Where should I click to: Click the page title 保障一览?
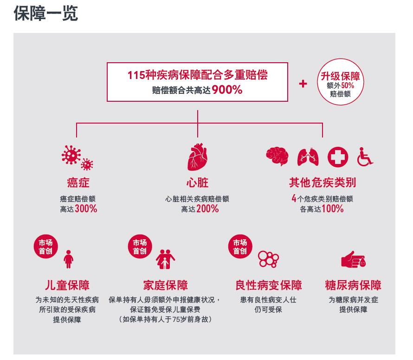tap(46, 13)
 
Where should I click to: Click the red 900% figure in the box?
tap(227, 90)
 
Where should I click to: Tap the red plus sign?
tap(303, 84)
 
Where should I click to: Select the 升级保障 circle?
tap(340, 83)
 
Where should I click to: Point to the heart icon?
tap(197, 157)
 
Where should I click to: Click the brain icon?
tap(277, 156)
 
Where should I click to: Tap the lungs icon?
tap(308, 157)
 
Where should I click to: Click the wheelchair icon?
tap(365, 157)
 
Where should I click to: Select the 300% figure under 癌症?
tap(86, 209)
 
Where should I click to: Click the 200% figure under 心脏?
tap(207, 209)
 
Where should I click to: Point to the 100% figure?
tap(332, 209)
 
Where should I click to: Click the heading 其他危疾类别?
tap(322, 183)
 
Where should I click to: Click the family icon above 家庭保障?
tap(165, 259)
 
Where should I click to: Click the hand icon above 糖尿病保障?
tap(353, 260)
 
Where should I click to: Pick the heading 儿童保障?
tap(67, 285)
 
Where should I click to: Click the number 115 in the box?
tap(136, 75)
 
